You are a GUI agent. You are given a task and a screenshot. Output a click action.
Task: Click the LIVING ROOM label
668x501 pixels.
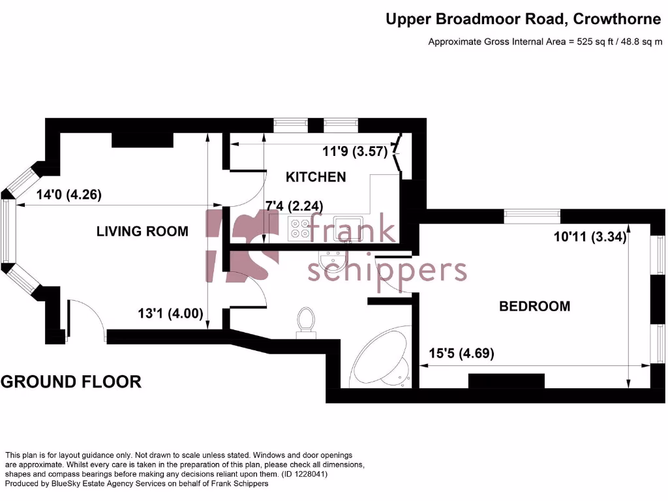point(142,231)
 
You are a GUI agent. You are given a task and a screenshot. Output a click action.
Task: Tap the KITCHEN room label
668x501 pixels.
point(316,177)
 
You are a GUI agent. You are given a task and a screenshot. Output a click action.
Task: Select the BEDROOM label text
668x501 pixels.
point(534,306)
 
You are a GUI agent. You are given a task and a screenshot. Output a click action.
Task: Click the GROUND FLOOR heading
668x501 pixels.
point(71,382)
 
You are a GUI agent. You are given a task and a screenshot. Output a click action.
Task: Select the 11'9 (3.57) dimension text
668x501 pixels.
point(356,152)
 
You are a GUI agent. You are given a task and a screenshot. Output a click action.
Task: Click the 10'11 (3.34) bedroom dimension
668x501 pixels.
point(590,238)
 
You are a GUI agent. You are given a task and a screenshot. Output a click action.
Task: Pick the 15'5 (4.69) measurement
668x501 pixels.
point(461,354)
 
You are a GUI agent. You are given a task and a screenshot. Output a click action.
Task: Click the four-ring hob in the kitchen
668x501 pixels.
point(301,228)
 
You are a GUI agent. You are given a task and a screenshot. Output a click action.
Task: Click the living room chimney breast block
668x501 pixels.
point(142,140)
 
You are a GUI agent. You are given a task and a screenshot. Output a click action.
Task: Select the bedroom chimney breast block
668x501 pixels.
point(506,381)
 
